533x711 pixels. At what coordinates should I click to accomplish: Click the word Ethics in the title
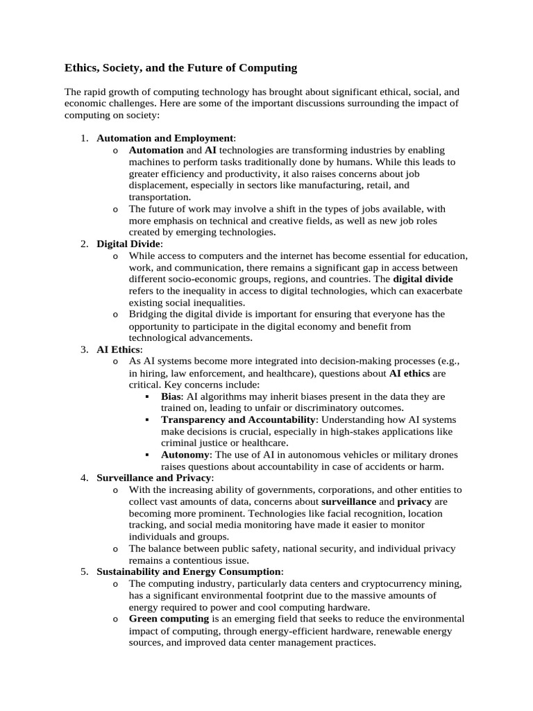point(82,67)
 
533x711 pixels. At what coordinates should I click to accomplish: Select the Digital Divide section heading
point(128,244)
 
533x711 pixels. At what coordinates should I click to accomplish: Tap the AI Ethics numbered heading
point(118,349)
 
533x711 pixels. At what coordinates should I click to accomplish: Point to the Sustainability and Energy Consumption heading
point(189,571)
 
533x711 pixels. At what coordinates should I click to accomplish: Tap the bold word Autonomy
point(185,454)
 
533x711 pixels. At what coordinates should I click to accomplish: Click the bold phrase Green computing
point(169,619)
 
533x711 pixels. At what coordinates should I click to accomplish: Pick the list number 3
point(83,349)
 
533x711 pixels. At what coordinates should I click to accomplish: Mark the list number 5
point(83,571)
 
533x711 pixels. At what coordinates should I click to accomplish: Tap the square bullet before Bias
point(148,396)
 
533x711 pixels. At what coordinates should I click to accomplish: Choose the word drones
point(443,454)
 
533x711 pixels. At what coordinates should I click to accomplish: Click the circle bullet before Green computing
point(115,619)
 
